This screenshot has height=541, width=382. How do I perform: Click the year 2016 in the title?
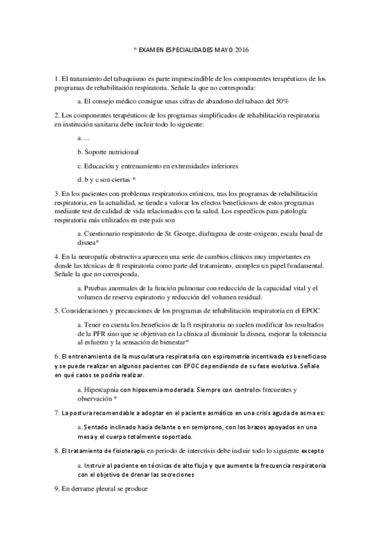point(243,49)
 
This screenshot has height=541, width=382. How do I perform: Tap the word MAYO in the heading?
point(224,49)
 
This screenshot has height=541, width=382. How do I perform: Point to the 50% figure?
point(282,101)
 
